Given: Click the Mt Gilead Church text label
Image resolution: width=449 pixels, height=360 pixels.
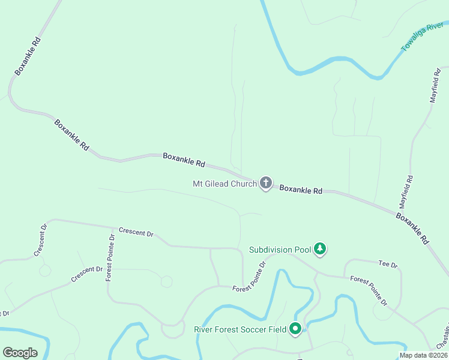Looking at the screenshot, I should (x=224, y=184).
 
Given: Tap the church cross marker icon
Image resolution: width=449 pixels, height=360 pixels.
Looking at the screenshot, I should (x=265, y=183).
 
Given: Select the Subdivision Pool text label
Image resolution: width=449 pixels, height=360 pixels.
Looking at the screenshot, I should (x=280, y=250).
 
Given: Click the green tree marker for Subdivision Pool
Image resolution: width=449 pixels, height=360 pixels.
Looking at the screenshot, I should (x=320, y=248).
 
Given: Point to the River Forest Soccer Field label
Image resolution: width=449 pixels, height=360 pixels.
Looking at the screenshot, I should (x=240, y=329).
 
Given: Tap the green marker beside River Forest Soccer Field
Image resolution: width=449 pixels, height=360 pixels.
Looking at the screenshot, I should (x=295, y=329).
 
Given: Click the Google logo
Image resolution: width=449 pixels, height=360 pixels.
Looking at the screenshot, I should (x=20, y=353).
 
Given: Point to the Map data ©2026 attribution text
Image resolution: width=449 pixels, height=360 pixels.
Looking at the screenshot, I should (x=423, y=355).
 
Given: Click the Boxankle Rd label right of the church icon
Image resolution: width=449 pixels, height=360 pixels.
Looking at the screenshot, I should (x=301, y=189).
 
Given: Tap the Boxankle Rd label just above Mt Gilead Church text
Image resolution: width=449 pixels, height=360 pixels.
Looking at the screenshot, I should (x=184, y=160).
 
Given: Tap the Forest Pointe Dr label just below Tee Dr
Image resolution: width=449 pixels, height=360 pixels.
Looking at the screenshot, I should (x=369, y=290).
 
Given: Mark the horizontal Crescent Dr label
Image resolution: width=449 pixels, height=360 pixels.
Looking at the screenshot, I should (x=136, y=232).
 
